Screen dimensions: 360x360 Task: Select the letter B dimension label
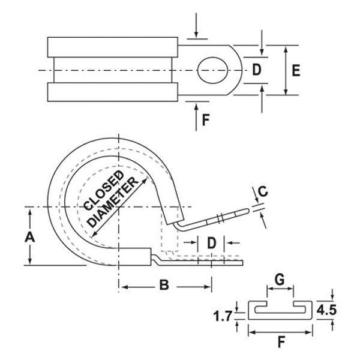[x=163, y=286]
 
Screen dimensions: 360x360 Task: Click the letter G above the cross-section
[x=280, y=279]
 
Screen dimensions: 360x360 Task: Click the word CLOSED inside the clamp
[x=104, y=190]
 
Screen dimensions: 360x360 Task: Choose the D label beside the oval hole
[x=256, y=70]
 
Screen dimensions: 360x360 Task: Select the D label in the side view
[x=211, y=243]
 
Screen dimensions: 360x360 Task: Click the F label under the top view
[x=205, y=119]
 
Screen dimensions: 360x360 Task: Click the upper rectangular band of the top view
[x=112, y=46]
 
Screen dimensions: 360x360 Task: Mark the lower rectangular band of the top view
[x=112, y=92]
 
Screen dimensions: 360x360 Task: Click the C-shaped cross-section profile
[x=280, y=310]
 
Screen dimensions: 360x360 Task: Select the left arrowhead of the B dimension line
[x=122, y=286]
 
